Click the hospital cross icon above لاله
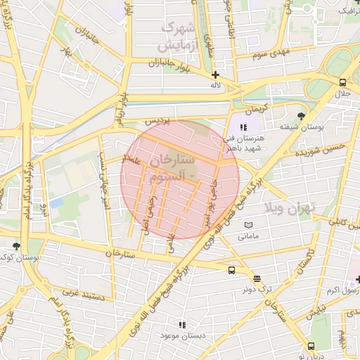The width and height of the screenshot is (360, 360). coord(215,75)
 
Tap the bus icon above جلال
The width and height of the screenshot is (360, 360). coord(342,82)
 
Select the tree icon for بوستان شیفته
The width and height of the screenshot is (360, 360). coord(302,116)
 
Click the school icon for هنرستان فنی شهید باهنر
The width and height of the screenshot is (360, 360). coord(243,127)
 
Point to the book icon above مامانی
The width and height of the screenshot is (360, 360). coord(247,225)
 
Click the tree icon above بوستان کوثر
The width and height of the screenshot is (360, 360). coord(16,246)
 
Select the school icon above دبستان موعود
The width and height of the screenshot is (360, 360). coord(182,324)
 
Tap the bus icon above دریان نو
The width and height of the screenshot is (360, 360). coord(311,345)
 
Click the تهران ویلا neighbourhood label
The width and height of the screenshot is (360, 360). coord(291,207)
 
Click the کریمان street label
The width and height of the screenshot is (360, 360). coord(257,110)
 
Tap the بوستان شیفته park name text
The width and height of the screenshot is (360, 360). coord(302,128)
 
